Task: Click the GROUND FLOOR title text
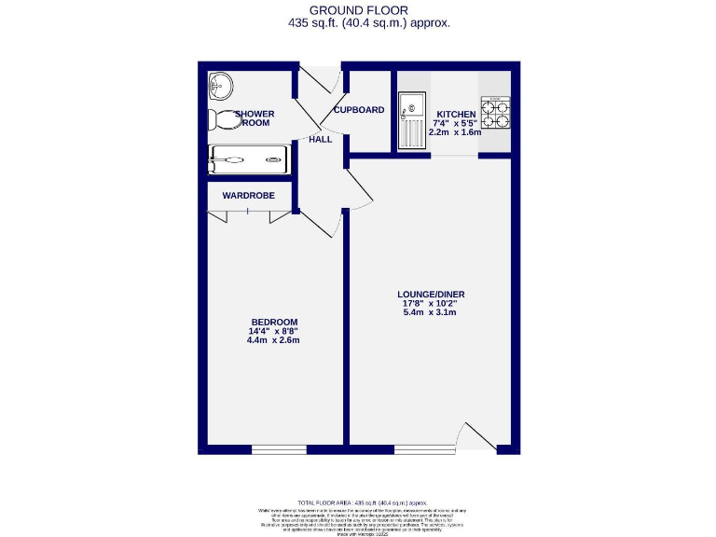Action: tap(359, 10)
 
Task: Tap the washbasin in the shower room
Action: tap(219, 87)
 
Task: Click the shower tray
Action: tap(250, 159)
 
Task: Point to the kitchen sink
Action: tap(411, 121)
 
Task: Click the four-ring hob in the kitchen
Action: tap(496, 113)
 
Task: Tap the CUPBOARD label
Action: tap(359, 110)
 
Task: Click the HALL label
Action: tap(321, 139)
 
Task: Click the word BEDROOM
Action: tap(274, 322)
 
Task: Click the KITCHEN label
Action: tap(455, 115)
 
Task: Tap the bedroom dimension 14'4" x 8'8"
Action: tap(274, 331)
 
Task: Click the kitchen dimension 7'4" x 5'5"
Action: tap(455, 124)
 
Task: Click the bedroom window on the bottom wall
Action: tap(279, 450)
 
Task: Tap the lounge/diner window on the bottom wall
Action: tap(424, 450)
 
